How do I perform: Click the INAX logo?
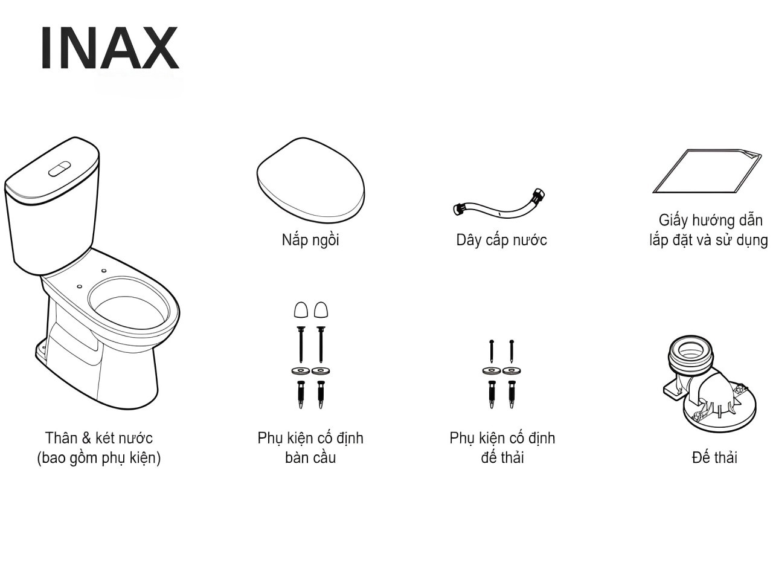pyautogui.click(x=111, y=48)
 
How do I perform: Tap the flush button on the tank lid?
pyautogui.click(x=60, y=169)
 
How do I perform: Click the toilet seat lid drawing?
pyautogui.click(x=310, y=180)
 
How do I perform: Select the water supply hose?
pyautogui.click(x=499, y=205)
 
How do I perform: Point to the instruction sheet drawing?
pyautogui.click(x=707, y=171)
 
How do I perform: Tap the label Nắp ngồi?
pyautogui.click(x=310, y=240)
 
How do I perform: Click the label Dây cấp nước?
pyautogui.click(x=501, y=240)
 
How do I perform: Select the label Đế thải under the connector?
pyautogui.click(x=714, y=457)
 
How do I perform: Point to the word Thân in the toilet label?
pyautogui.click(x=62, y=438)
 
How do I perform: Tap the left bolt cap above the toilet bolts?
pyautogui.click(x=301, y=310)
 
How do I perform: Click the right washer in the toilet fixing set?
pyautogui.click(x=321, y=371)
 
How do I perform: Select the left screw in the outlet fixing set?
pyautogui.click(x=492, y=352)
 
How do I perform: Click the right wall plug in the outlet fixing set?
pyautogui.click(x=512, y=395)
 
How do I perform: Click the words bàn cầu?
pyautogui.click(x=310, y=458)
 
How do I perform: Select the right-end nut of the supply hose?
pyautogui.click(x=539, y=195)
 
